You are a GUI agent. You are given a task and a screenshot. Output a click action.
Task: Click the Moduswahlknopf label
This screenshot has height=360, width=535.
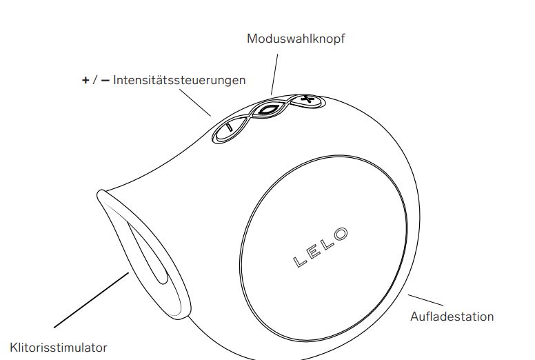(x=296, y=39)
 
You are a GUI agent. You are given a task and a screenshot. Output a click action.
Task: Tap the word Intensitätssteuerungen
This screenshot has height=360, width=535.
(x=179, y=80)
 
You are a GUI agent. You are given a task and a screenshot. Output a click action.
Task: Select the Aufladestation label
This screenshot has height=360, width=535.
(x=452, y=317)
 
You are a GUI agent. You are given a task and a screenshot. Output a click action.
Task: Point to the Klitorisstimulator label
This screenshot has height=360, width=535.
(x=59, y=348)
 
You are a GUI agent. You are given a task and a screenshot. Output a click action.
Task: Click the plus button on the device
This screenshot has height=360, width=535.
(x=307, y=100)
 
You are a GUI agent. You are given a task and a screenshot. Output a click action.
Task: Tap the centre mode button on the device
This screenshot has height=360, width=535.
(x=270, y=110)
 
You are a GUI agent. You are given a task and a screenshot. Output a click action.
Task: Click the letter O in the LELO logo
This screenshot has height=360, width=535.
(x=341, y=234)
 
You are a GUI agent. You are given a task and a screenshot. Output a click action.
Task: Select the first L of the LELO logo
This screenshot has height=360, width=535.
(x=299, y=261)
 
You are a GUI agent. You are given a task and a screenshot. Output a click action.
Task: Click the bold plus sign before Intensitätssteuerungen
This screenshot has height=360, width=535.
(x=85, y=81)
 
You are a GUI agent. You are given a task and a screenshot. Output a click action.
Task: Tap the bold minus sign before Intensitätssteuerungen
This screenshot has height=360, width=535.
(x=105, y=81)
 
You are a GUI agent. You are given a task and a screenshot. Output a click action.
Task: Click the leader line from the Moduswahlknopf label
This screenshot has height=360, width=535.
(x=274, y=74)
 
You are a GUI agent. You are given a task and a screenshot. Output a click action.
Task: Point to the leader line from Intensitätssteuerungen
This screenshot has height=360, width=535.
(x=195, y=103)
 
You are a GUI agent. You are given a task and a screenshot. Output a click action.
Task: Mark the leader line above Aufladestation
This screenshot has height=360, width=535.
(x=426, y=300)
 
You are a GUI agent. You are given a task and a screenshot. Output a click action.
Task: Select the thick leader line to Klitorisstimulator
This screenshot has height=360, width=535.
(x=92, y=300)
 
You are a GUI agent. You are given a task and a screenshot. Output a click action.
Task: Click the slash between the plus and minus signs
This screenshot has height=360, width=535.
(x=95, y=80)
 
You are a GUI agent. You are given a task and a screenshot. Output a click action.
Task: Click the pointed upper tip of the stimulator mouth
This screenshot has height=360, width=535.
(x=101, y=194)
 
